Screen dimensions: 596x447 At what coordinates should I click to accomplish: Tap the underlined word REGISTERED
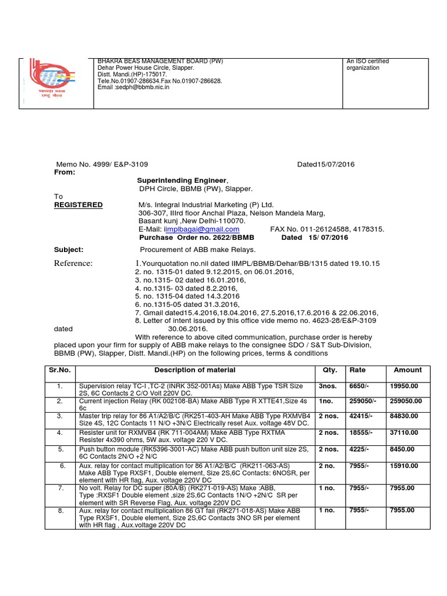point(79,205)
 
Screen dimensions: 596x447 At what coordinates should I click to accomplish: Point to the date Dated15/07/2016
point(325,165)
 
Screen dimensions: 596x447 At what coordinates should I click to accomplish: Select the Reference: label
point(73,264)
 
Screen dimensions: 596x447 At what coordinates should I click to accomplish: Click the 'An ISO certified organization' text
point(368,65)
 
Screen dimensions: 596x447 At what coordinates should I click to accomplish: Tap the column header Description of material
point(195,370)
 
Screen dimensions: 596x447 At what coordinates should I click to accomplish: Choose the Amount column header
point(407,370)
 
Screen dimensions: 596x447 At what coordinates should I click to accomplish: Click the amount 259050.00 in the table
point(408,401)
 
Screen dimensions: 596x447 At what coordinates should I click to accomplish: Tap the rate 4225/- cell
point(359,449)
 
